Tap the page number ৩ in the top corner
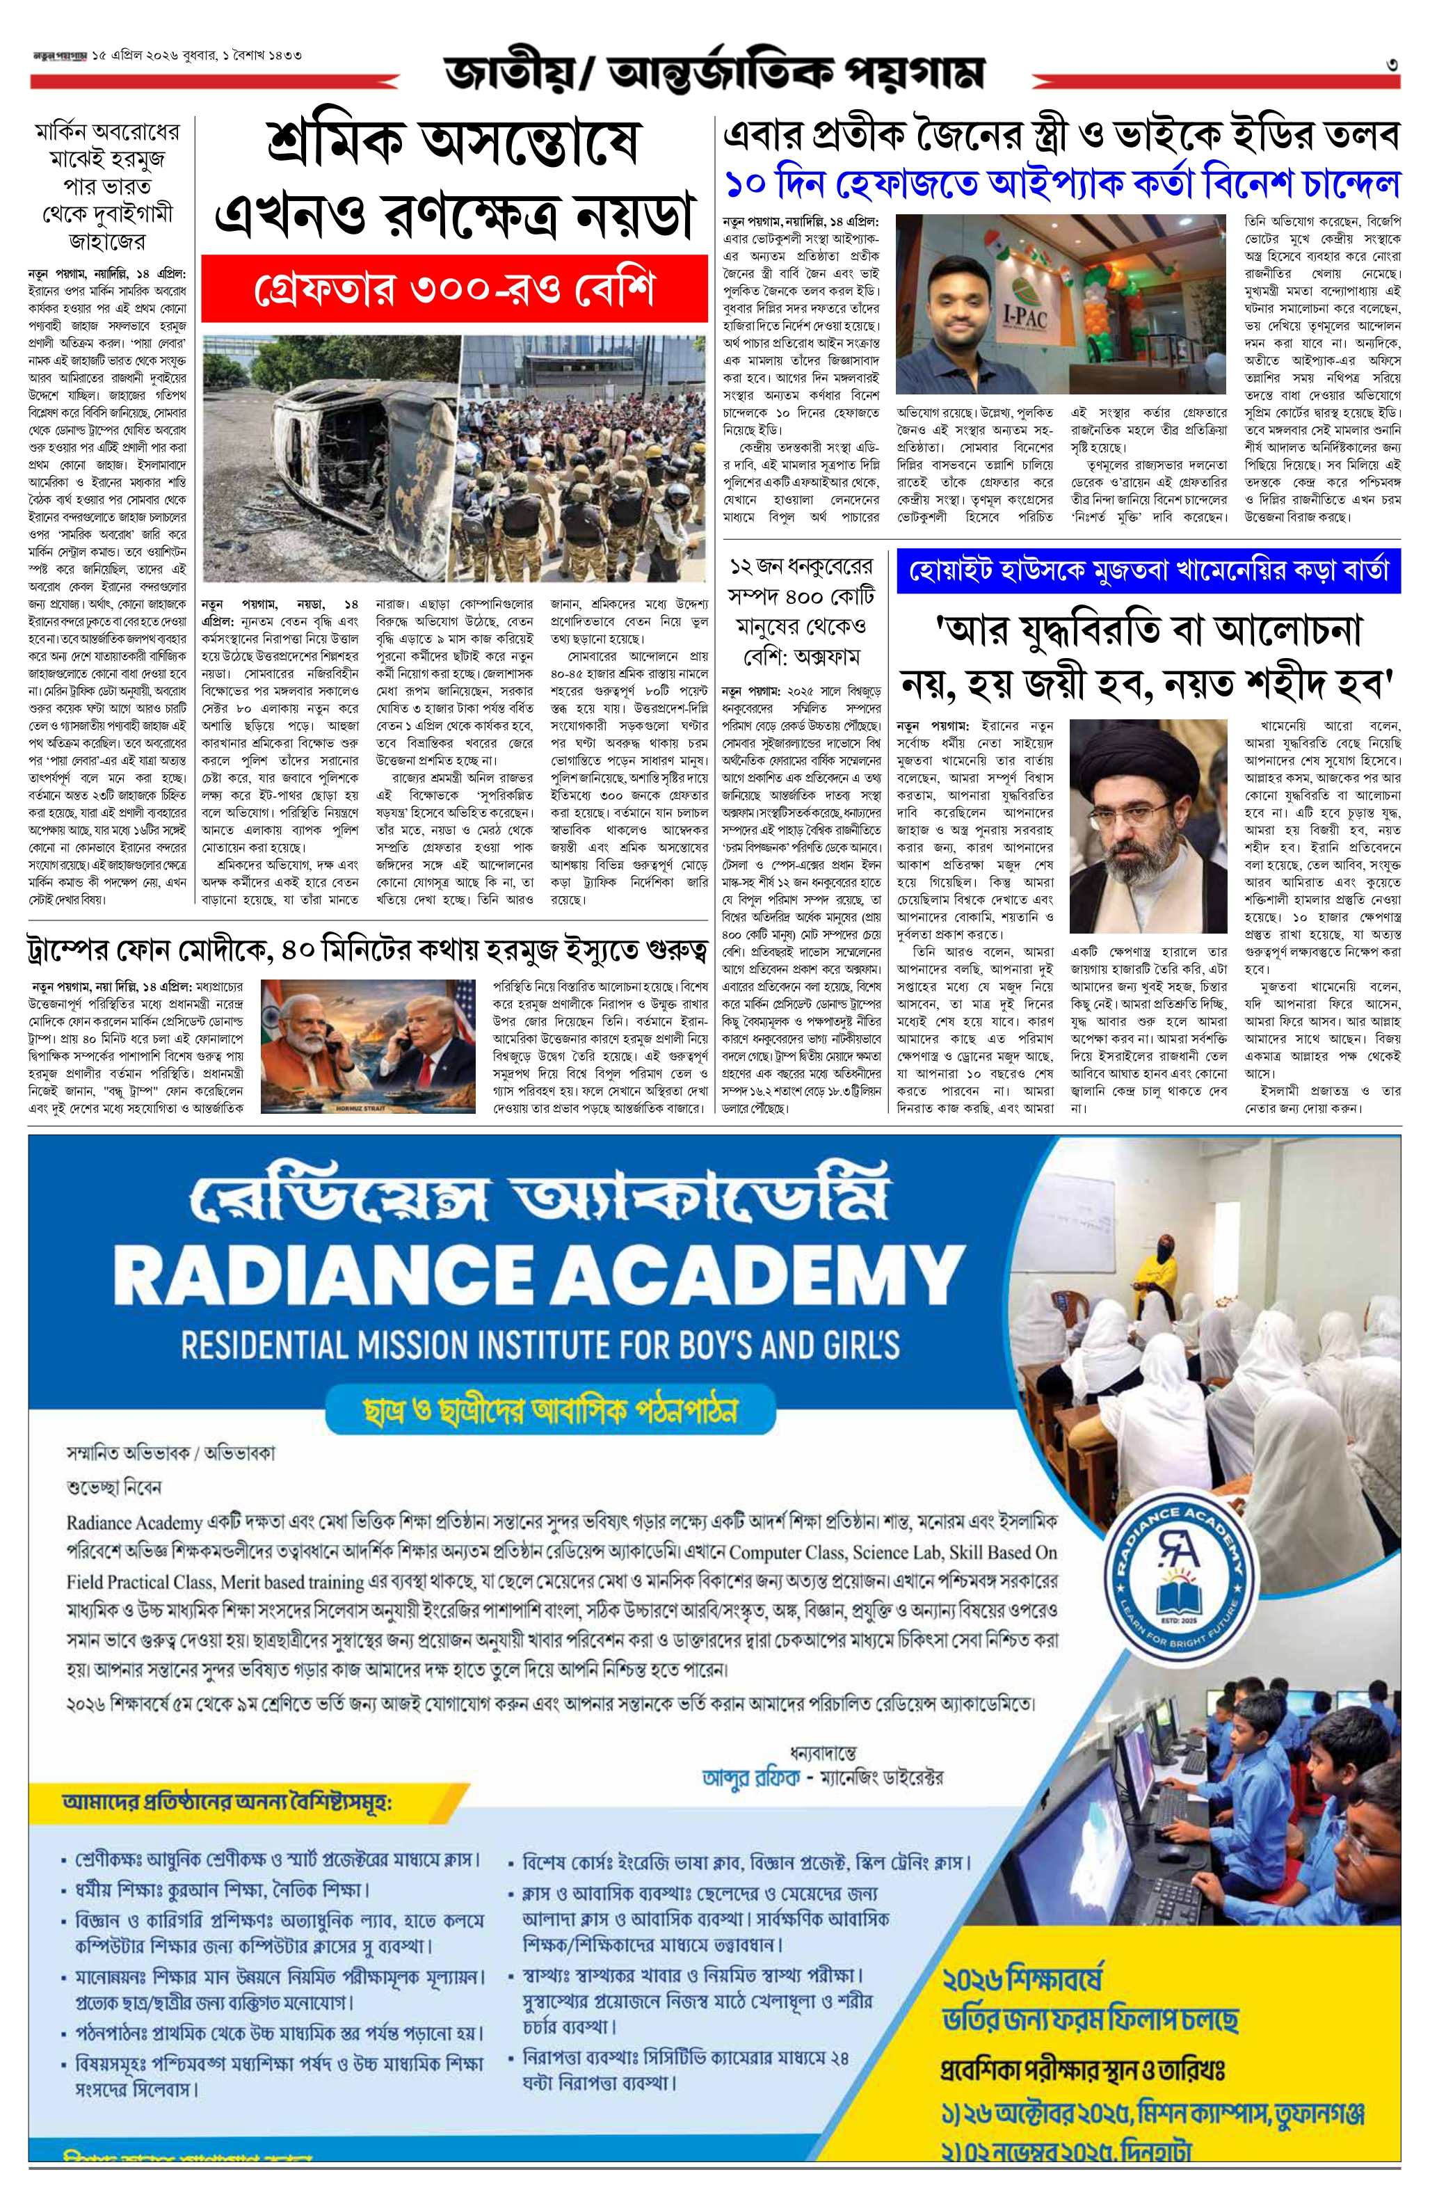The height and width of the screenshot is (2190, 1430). (x=1393, y=65)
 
